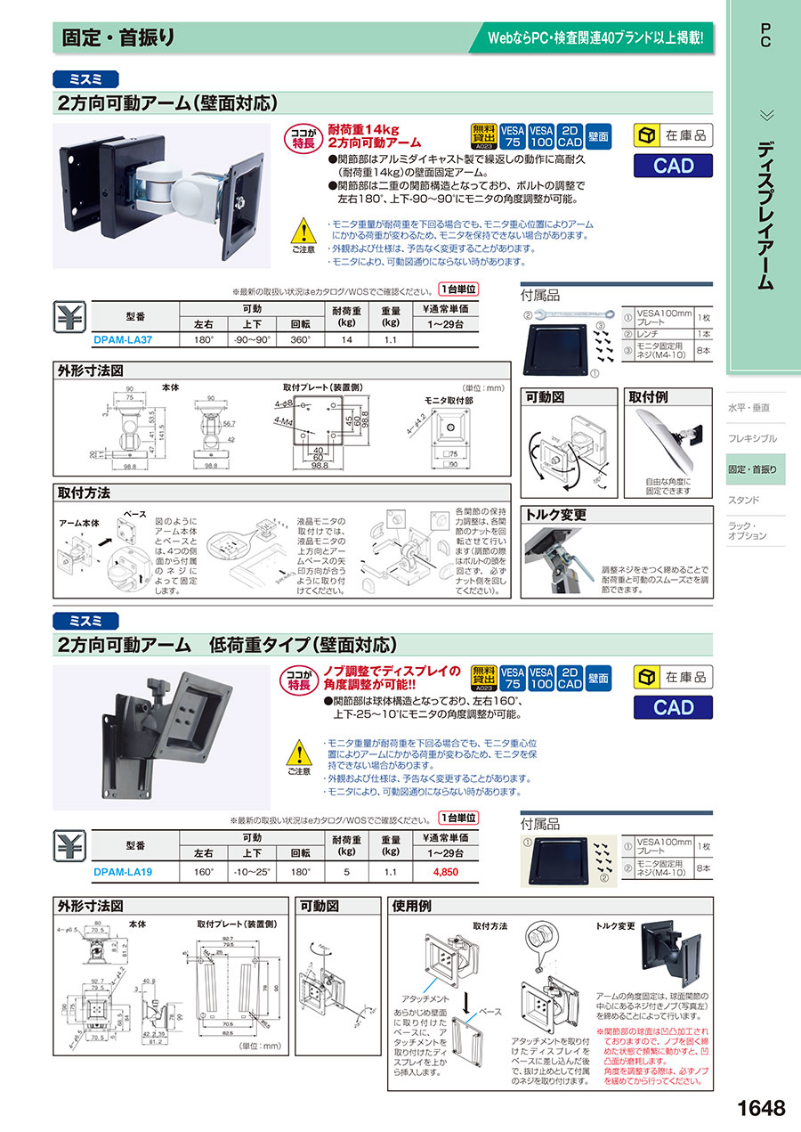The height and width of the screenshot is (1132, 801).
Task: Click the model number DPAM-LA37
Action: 123,339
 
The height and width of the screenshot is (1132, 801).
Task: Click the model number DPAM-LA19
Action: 123,872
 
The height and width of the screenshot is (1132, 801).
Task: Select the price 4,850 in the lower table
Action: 445,872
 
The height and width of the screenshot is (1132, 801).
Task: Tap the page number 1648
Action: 761,1108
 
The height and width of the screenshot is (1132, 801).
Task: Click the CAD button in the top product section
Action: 673,166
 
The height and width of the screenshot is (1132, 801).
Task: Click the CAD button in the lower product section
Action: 673,706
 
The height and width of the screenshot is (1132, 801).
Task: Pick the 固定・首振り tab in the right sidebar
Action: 753,469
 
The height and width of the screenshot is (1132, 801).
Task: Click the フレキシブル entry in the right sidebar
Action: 752,438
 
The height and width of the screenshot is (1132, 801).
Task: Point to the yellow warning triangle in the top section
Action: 304,232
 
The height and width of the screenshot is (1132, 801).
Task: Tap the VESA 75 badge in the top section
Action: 511,134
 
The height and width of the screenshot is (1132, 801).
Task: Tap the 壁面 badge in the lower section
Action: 599,678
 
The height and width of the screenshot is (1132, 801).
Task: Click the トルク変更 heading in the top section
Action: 556,514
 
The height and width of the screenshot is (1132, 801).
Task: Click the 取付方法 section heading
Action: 84,493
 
